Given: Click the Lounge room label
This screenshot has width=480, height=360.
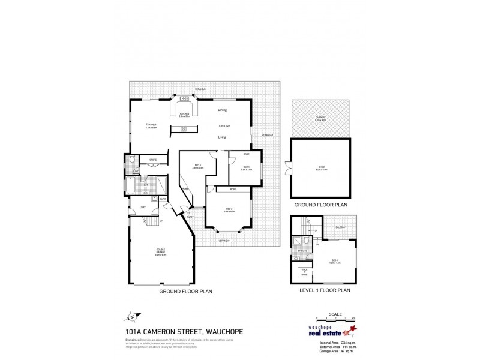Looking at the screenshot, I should (x=151, y=124).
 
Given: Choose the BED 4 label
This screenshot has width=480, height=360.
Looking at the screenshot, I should (x=246, y=167).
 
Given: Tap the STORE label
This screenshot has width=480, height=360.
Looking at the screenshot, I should (x=152, y=160).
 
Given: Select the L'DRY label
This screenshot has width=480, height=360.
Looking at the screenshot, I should (x=143, y=208).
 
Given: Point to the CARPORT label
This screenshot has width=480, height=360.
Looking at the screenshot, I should (x=320, y=118).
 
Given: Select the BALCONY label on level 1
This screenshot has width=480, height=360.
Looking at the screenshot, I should (x=341, y=227).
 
